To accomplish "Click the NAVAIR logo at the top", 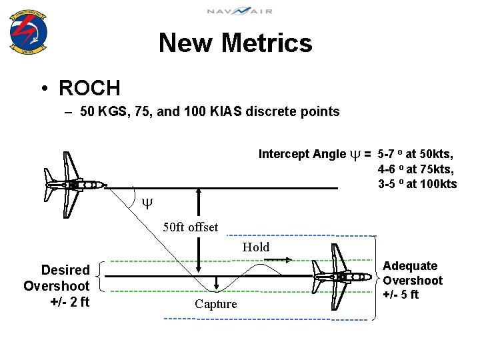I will tap(239, 11).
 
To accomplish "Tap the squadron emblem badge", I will tap(28, 32).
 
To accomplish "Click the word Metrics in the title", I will tap(267, 43).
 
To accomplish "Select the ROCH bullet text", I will tap(89, 88).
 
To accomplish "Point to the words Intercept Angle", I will tap(302, 154).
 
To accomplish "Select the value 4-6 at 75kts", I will tap(417, 169).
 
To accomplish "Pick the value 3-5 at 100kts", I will tap(417, 184).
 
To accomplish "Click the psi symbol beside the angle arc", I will tap(147, 202).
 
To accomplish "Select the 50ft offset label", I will tap(190, 227).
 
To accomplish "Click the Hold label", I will tap(256, 247).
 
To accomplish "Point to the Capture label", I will tap(215, 304).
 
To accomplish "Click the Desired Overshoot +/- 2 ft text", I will tap(57, 286).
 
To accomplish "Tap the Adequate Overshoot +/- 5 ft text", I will tap(412, 281).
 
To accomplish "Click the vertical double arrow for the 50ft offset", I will tap(199, 230).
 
